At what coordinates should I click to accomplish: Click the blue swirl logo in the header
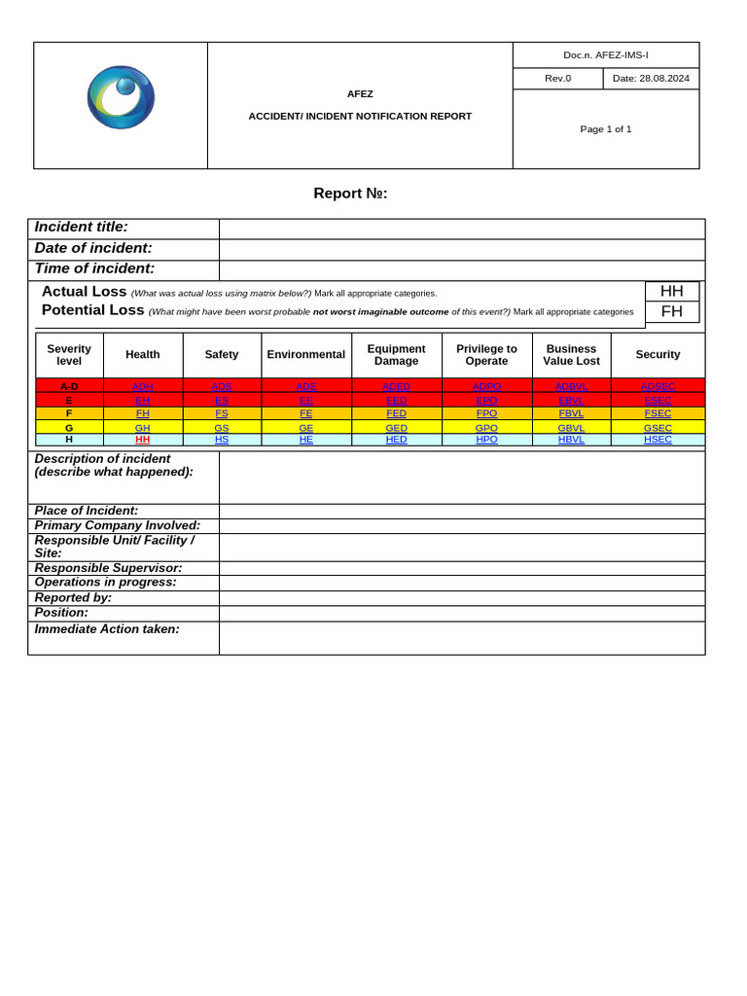[121, 97]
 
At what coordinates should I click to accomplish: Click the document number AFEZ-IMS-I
[605, 55]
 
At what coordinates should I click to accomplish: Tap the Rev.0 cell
[557, 79]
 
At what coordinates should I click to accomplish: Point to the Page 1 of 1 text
[605, 128]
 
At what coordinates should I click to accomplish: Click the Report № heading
[350, 194]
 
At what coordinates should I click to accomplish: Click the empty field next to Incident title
[461, 229]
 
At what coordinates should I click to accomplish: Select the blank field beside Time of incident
[461, 270]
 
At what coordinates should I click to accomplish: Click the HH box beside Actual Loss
[671, 291]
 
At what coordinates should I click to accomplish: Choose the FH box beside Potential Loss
[671, 311]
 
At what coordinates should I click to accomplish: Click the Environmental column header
[305, 355]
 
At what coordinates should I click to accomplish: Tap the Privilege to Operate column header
[486, 355]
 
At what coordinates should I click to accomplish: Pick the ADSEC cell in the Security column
[658, 386]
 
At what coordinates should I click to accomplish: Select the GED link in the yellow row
[396, 427]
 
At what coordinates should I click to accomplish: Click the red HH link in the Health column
[142, 440]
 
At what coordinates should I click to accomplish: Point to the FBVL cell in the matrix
[571, 413]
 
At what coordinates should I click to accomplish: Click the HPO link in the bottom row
[486, 440]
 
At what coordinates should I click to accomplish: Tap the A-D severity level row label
[69, 386]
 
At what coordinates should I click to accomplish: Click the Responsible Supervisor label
[108, 568]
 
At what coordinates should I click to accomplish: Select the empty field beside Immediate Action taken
[461, 638]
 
